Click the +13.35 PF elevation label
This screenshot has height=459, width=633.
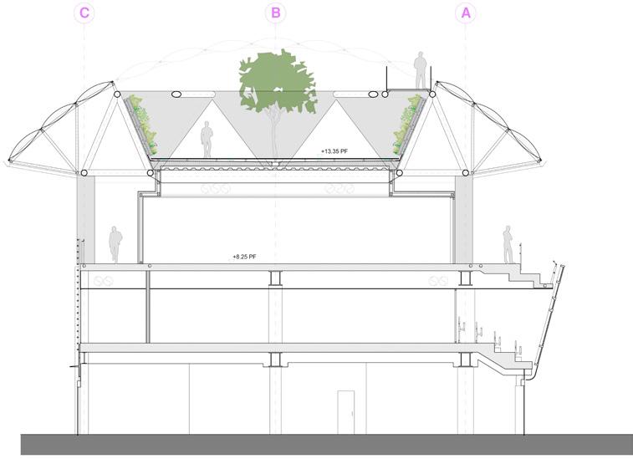(334, 152)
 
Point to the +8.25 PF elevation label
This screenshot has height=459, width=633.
(244, 259)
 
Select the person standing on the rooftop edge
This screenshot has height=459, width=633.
(420, 70)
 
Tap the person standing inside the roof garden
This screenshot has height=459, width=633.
(207, 140)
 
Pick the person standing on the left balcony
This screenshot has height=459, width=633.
(115, 244)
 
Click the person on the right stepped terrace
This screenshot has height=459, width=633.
(507, 244)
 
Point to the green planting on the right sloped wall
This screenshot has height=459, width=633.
(410, 121)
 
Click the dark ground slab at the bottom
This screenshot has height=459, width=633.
(326, 445)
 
